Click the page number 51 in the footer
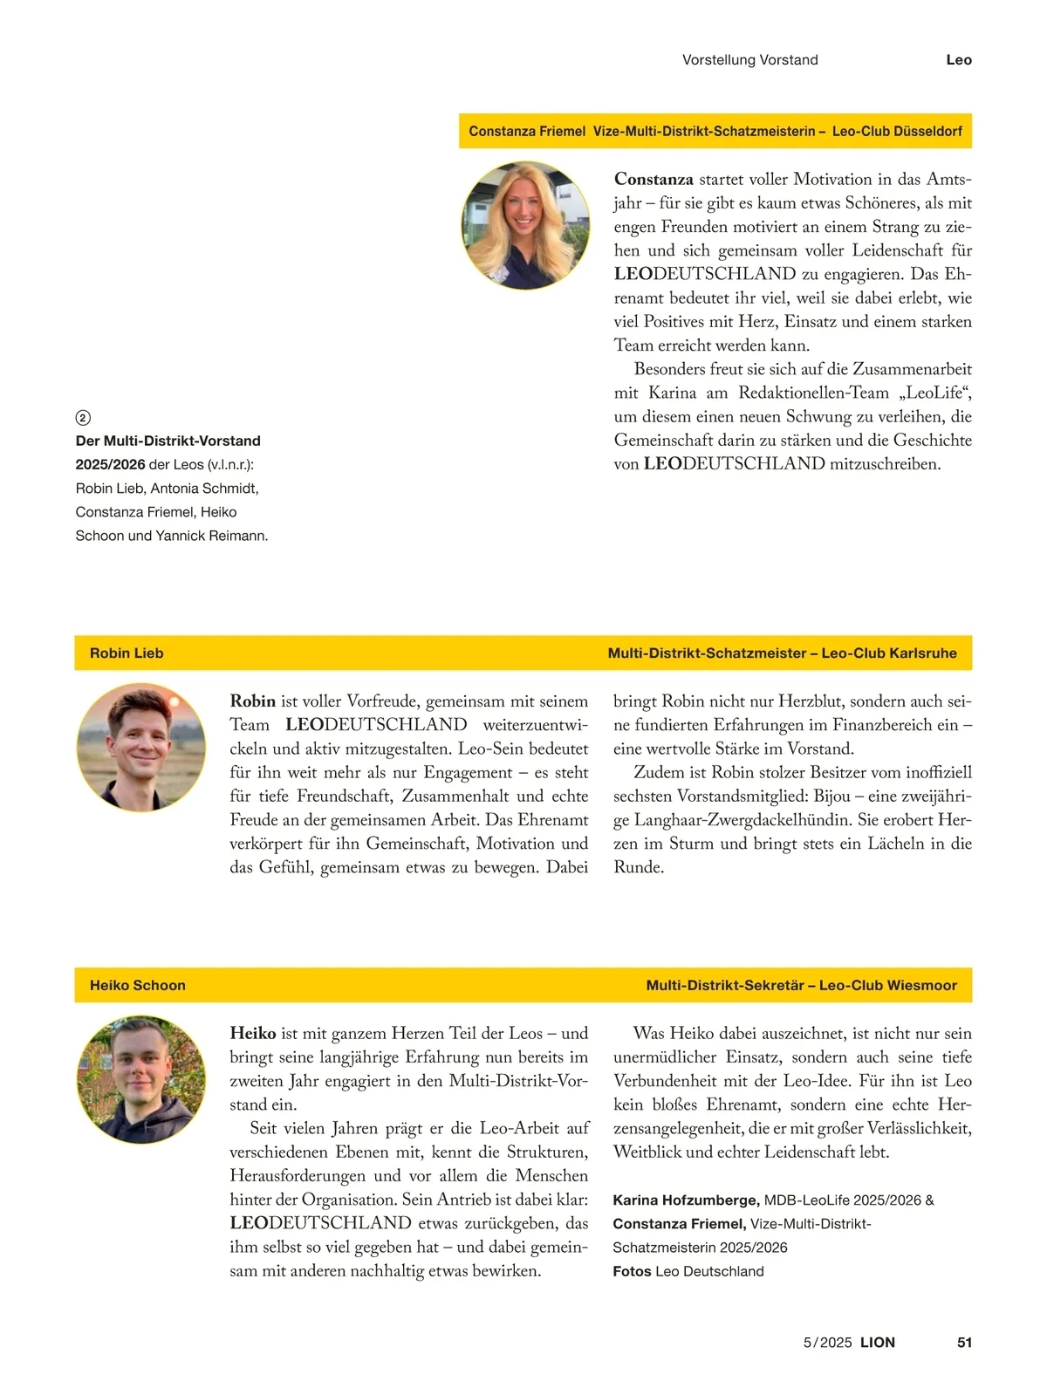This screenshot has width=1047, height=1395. tap(964, 1342)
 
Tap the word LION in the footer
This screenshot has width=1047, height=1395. tap(877, 1342)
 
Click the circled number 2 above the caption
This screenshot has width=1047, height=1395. tap(83, 418)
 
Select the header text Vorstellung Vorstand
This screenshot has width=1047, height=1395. tap(749, 60)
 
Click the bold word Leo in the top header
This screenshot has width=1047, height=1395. tap(958, 60)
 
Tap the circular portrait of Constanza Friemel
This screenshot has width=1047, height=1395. tap(525, 225)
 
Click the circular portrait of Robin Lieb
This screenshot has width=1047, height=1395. tap(141, 748)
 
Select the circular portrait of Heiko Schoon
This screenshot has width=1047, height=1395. tap(141, 1079)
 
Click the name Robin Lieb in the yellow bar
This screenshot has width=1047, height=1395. tap(127, 653)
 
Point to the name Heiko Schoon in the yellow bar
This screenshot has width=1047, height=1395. tap(138, 985)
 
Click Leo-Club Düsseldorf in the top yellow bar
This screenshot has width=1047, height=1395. tap(897, 132)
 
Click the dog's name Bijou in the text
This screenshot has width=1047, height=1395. tap(831, 797)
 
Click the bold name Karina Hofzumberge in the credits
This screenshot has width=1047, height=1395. tap(686, 1200)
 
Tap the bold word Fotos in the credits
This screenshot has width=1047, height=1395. tap(632, 1271)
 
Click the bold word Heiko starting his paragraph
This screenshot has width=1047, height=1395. tap(252, 1034)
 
